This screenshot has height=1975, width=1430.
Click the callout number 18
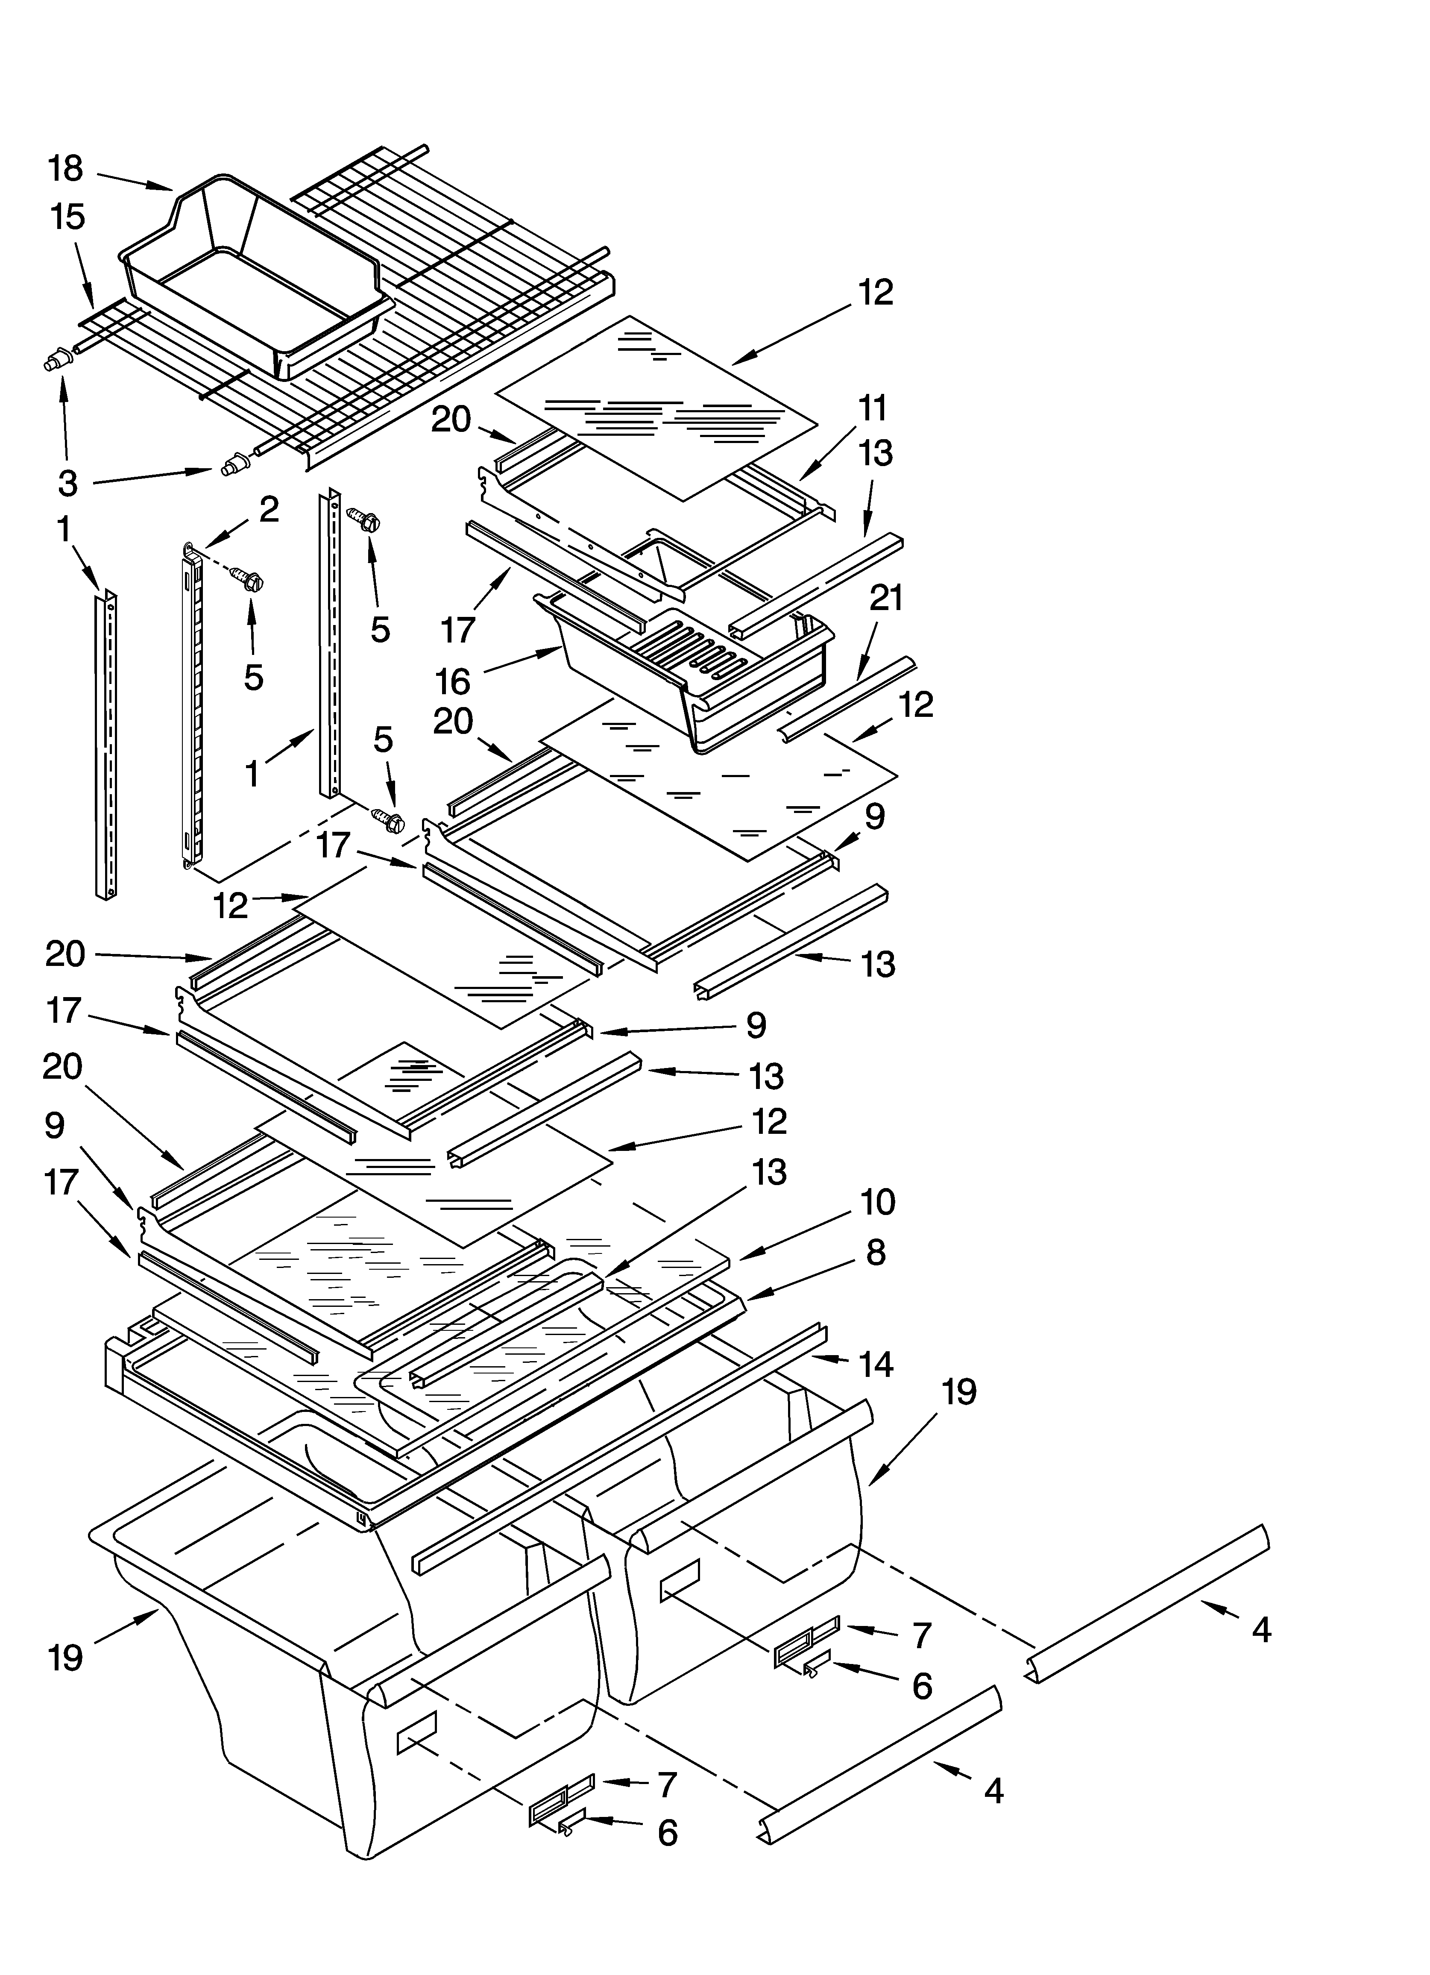click(x=65, y=168)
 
